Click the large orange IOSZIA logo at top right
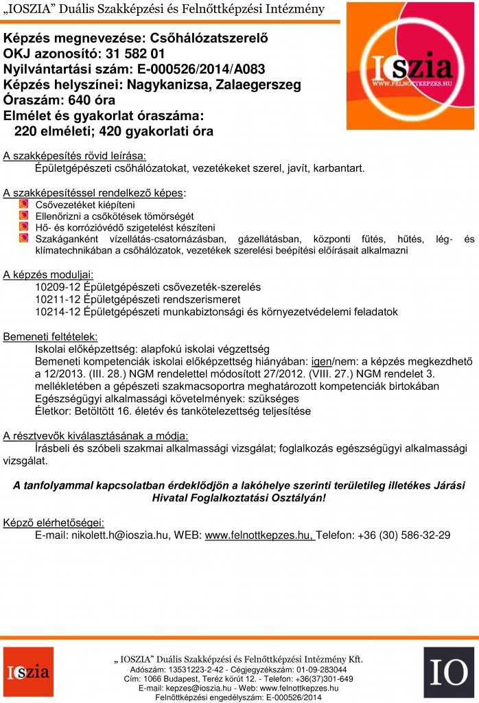click(410, 66)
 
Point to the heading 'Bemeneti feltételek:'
click(50, 336)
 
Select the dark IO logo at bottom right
click(448, 671)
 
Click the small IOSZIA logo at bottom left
click(28, 671)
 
